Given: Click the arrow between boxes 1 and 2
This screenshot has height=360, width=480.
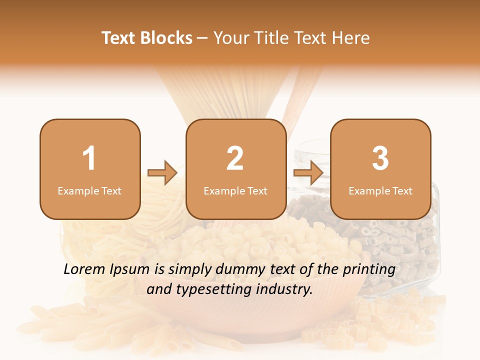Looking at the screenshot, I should tap(163, 173).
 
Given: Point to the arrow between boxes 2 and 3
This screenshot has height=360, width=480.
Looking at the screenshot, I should tap(308, 173).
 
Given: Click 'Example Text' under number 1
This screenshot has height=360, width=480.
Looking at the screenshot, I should tap(89, 190).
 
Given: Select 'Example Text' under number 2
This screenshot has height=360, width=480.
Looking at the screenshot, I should tap(235, 190).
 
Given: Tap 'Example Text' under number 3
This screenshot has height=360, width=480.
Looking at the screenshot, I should tap(380, 190).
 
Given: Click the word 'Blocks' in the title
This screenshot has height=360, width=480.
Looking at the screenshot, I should tap(167, 38).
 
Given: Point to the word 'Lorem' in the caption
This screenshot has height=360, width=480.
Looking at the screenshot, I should tap(85, 269).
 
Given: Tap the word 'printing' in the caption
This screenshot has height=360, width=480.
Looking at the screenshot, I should tap(369, 270).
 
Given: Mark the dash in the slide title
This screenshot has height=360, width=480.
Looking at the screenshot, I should tap(202, 38).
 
